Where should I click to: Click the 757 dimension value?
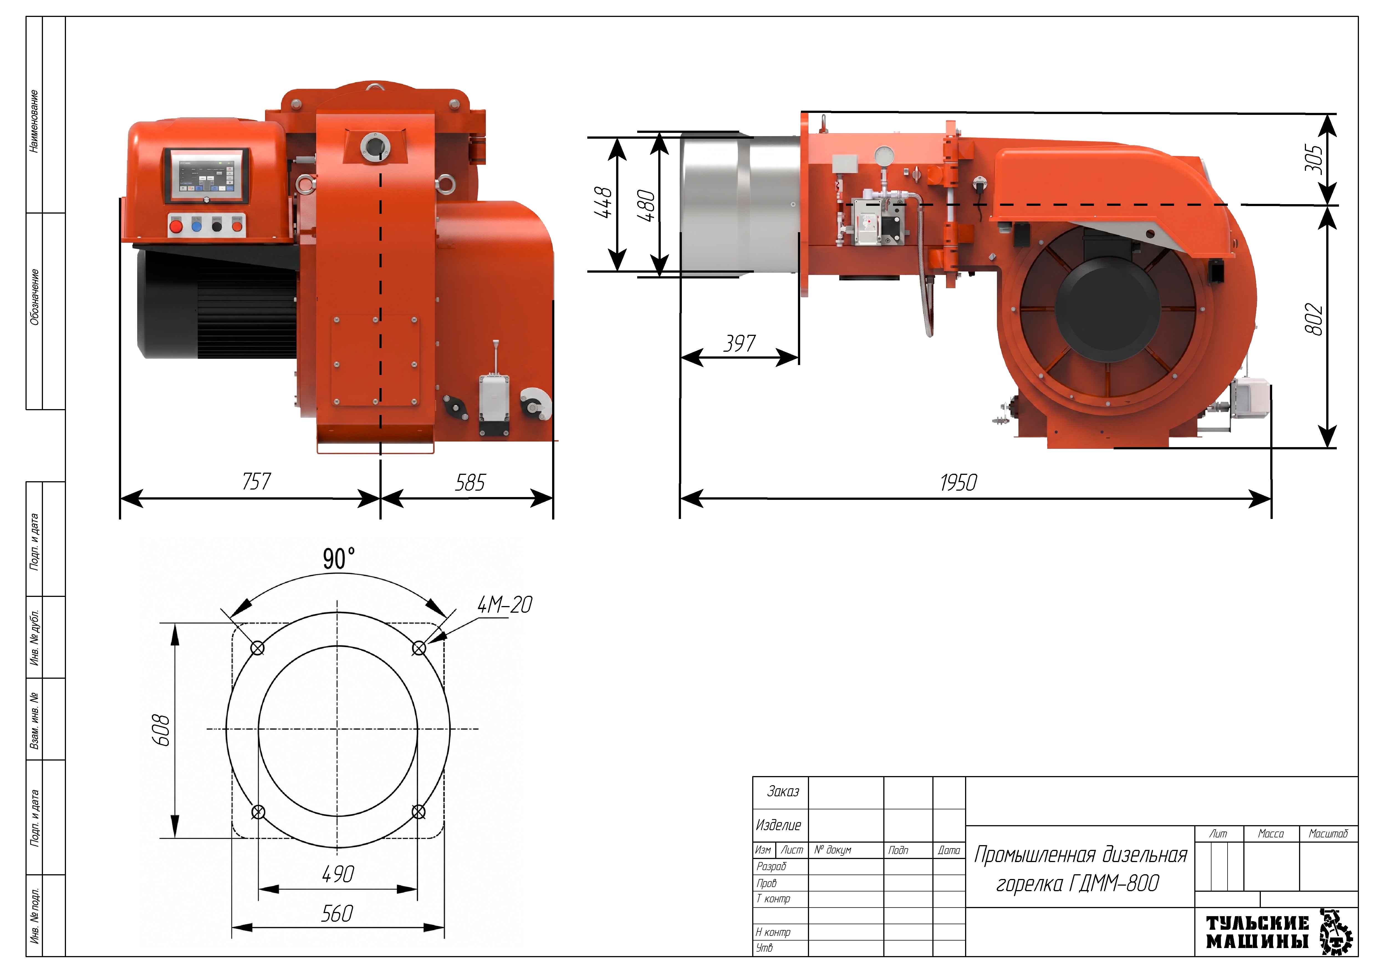click(256, 481)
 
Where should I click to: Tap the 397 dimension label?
click(739, 343)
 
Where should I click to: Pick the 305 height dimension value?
click(1313, 158)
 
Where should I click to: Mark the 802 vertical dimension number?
click(1313, 319)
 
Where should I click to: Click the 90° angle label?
click(339, 558)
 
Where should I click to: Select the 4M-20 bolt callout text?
click(504, 605)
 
